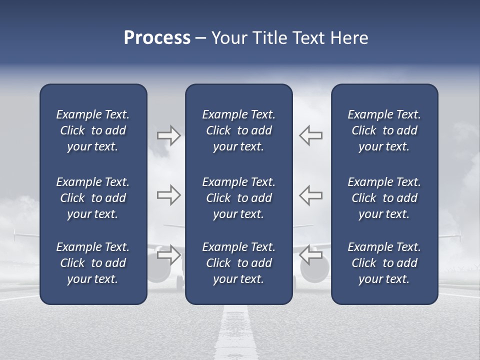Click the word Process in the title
tap(157, 38)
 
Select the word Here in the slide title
tap(348, 38)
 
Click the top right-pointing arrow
tap(168, 135)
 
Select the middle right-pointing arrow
tap(168, 195)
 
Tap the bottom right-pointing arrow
tap(168, 254)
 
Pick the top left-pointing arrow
tap(311, 135)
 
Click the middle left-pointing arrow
tap(311, 195)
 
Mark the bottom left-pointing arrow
tap(311, 254)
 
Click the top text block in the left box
tap(93, 130)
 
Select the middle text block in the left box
tap(93, 198)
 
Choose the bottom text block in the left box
tap(93, 263)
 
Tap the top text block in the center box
tap(238, 130)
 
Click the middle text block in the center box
tap(238, 198)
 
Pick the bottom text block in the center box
tap(238, 263)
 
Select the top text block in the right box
tap(384, 130)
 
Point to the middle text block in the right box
tap(384, 198)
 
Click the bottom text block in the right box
tap(384, 263)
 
